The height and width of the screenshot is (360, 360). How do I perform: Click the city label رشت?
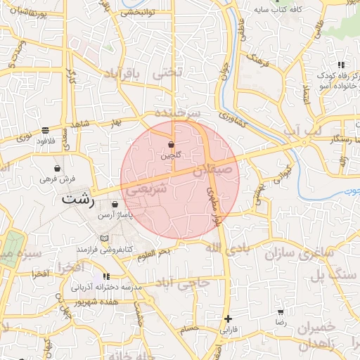(77, 199)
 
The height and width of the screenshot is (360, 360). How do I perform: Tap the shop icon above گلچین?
(172, 144)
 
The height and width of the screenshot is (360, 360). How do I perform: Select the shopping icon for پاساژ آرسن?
(115, 205)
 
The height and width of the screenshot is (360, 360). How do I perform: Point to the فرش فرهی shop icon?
(57, 168)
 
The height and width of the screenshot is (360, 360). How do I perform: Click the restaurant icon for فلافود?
(46, 130)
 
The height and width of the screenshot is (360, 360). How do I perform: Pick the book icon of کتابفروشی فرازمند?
(105, 239)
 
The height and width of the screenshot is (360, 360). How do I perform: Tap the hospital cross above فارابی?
(227, 319)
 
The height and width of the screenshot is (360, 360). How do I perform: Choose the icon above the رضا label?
(281, 311)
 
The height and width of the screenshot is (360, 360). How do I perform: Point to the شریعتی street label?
(146, 189)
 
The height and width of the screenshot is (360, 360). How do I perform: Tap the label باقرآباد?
(122, 74)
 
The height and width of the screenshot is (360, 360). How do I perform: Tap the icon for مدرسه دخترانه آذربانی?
(106, 276)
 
